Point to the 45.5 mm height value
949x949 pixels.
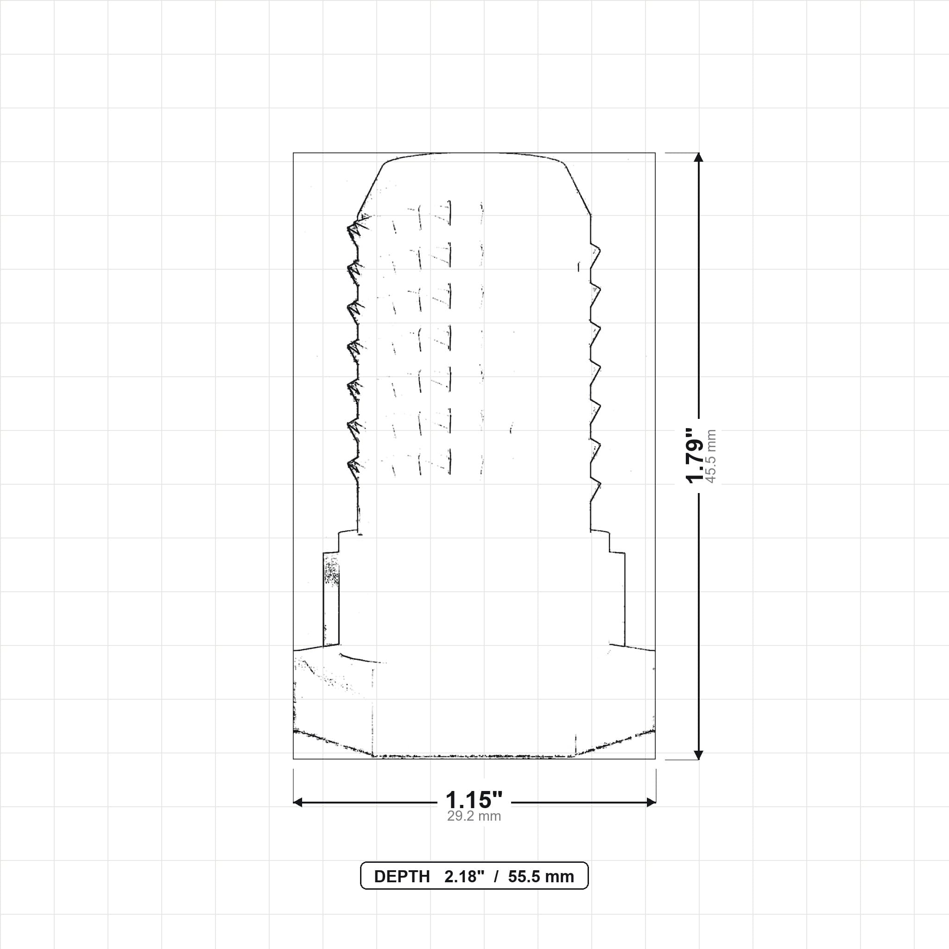click(x=711, y=456)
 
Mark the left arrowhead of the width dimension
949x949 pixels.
click(x=297, y=803)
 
